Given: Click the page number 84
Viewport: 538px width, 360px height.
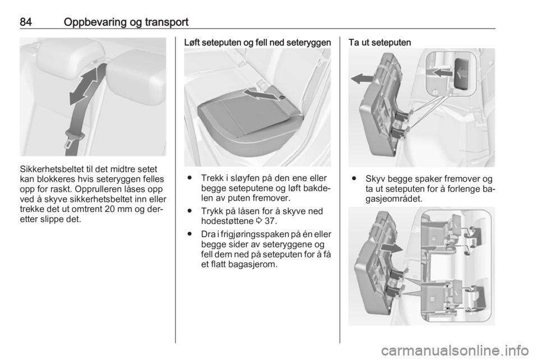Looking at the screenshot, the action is tap(26, 22).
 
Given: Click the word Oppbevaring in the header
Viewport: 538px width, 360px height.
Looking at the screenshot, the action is tap(95, 22).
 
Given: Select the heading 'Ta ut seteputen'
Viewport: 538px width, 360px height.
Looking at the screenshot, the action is tap(380, 43).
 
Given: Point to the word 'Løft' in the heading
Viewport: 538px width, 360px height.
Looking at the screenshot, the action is tap(192, 43).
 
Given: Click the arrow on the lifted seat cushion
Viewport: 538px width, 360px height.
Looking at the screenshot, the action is tap(259, 94).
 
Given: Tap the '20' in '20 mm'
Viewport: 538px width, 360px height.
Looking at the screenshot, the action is tap(110, 209).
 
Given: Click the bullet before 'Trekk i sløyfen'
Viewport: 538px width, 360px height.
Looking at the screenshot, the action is tap(189, 178).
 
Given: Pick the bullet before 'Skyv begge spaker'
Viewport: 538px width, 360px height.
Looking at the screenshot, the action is tap(354, 179).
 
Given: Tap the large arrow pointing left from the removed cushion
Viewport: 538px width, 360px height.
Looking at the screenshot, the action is tap(363, 79).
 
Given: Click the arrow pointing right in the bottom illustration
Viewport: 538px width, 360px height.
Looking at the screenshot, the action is tap(391, 248).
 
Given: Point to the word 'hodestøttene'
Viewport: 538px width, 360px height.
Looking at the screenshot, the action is tap(227, 221).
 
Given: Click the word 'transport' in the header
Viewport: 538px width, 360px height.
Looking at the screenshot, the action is tap(166, 23).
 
